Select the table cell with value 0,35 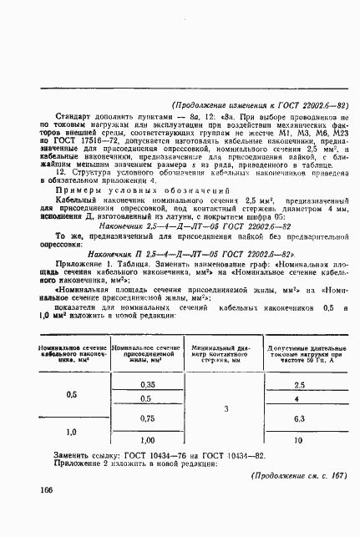click(149, 383)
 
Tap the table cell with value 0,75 click(149, 418)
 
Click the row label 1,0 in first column click(71, 431)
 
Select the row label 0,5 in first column click(71, 393)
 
